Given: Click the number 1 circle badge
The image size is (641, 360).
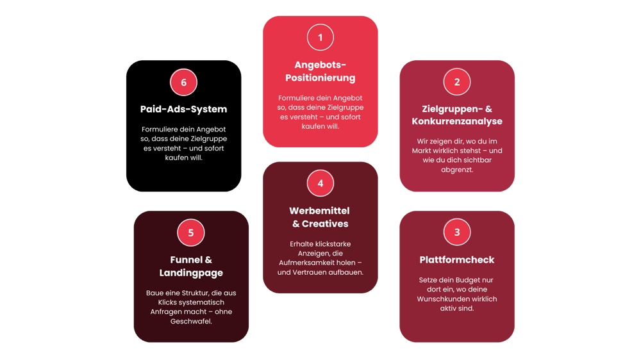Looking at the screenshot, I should (320, 37).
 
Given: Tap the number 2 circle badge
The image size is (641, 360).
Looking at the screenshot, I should (457, 82).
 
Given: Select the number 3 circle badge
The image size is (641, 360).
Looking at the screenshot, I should (457, 232).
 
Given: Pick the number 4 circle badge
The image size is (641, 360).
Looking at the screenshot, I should (320, 184).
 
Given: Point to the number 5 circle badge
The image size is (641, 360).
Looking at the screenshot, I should (191, 233).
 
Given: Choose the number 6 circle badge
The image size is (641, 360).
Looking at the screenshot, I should (184, 82).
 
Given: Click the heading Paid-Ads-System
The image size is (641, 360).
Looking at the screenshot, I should (184, 109).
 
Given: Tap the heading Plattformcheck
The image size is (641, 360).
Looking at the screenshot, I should (457, 259).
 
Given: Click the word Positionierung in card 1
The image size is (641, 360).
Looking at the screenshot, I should (320, 78).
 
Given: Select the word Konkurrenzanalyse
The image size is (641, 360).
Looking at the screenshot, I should (457, 121).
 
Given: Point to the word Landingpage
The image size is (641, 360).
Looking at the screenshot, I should (191, 273).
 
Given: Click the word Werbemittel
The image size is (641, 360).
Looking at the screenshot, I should (319, 211).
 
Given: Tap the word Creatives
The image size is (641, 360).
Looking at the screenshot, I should (325, 224).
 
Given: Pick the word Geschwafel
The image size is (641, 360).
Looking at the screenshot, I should (191, 322).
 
